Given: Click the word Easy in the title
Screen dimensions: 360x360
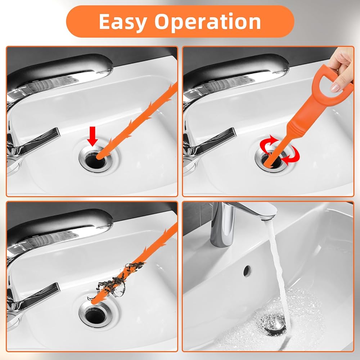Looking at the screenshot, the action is tap(123, 22).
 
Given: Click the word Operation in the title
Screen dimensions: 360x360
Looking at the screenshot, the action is tap(208, 22).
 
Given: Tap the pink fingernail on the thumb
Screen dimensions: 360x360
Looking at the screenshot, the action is tap(335, 87).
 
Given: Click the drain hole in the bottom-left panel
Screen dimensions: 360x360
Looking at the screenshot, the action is tap(95, 316).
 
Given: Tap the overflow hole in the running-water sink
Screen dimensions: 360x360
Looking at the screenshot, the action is tap(247, 271).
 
